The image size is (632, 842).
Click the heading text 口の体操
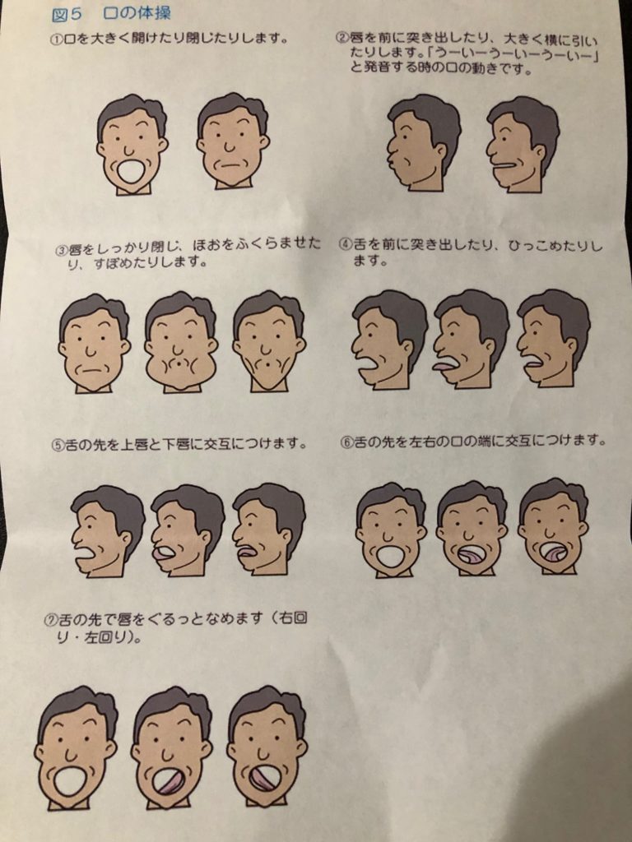pyautogui.click(x=137, y=12)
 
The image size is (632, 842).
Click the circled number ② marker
pyautogui.click(x=342, y=38)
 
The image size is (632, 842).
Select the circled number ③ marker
pyautogui.click(x=63, y=250)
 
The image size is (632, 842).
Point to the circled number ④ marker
pyautogui.click(x=345, y=245)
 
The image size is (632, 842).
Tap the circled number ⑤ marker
pyautogui.click(x=58, y=446)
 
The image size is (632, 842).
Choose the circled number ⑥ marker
pyautogui.click(x=346, y=442)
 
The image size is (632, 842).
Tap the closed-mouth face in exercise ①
pyautogui.click(x=232, y=141)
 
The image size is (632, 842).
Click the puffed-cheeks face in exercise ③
pyautogui.click(x=180, y=344)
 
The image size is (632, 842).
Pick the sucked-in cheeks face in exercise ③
pyautogui.click(x=268, y=342)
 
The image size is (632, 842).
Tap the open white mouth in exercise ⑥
pyautogui.click(x=391, y=557)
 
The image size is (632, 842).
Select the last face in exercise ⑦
pyautogui.click(x=267, y=747)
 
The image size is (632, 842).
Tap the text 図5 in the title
pyautogui.click(x=67, y=13)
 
